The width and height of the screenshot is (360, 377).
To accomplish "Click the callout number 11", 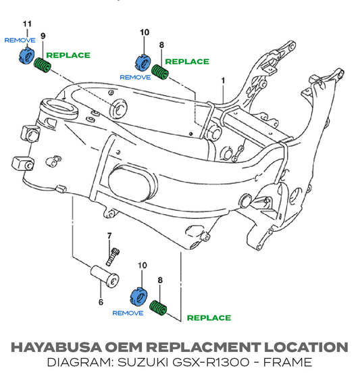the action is point(27,24).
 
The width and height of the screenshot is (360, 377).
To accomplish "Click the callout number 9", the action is point(43,36).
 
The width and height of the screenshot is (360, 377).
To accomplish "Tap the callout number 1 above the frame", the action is point(224,80).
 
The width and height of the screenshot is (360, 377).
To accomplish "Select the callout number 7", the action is point(109,236).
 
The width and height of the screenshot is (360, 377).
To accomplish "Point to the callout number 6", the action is point(101,302).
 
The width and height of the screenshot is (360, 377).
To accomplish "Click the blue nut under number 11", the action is point(26,55).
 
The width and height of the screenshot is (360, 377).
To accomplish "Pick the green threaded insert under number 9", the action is point(43,65).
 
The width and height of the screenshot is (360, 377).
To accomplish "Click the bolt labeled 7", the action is point(113,257).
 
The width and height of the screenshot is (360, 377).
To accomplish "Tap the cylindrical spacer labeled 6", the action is point(105,276).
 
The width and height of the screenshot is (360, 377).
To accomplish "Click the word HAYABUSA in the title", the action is point(57,347).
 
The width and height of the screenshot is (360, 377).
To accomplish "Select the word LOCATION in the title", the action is point(306,347).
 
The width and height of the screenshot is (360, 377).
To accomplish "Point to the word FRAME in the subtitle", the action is point(288,362).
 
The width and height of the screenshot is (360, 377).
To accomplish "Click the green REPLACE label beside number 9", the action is point(68,55).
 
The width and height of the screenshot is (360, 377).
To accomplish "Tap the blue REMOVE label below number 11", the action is point(20,40).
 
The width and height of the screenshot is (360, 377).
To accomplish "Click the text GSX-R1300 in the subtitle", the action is point(211,362).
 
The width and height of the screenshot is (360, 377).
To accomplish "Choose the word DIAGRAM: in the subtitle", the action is point(80,362).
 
